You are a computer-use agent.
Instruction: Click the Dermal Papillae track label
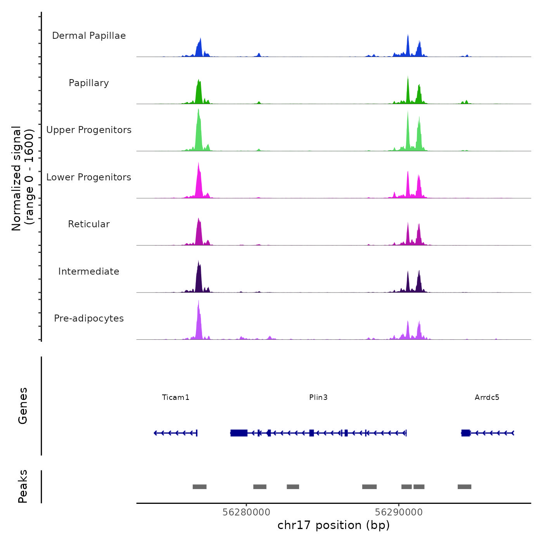(89, 36)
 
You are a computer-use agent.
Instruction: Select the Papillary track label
(89, 83)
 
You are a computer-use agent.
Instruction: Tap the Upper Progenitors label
(89, 130)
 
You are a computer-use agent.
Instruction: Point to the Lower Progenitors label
(89, 177)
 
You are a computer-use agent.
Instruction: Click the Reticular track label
(89, 224)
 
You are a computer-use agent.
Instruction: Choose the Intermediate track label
(89, 271)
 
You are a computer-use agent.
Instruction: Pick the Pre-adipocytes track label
(89, 318)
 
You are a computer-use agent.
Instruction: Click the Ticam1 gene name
(176, 397)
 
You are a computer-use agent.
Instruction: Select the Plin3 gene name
(318, 397)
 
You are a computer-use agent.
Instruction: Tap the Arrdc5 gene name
(487, 397)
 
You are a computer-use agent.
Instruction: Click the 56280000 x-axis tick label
(246, 512)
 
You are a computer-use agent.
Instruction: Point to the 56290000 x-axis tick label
(399, 512)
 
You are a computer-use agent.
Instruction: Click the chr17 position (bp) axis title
(334, 525)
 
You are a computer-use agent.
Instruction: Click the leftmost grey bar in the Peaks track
(199, 487)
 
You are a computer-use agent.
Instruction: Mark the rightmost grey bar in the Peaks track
(464, 487)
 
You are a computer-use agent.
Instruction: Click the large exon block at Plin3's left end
(239, 433)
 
